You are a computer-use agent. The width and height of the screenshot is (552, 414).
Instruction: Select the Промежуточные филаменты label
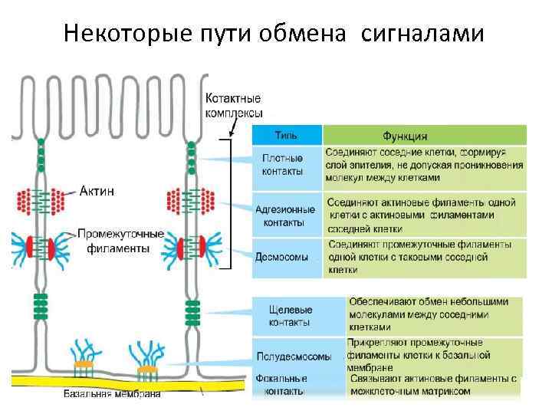pos(121,240)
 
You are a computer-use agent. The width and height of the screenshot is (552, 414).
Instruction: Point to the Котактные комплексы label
pos(234,106)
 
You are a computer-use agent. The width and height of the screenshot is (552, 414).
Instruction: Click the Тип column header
pos(277,136)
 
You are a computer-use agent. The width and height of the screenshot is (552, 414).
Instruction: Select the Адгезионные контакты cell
pos(284,215)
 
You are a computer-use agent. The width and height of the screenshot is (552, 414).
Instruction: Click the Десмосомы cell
pos(281,257)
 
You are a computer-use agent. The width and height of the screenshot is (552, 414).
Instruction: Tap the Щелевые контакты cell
pos(290,317)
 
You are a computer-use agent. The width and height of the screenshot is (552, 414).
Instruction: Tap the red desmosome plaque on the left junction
pos(31,248)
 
